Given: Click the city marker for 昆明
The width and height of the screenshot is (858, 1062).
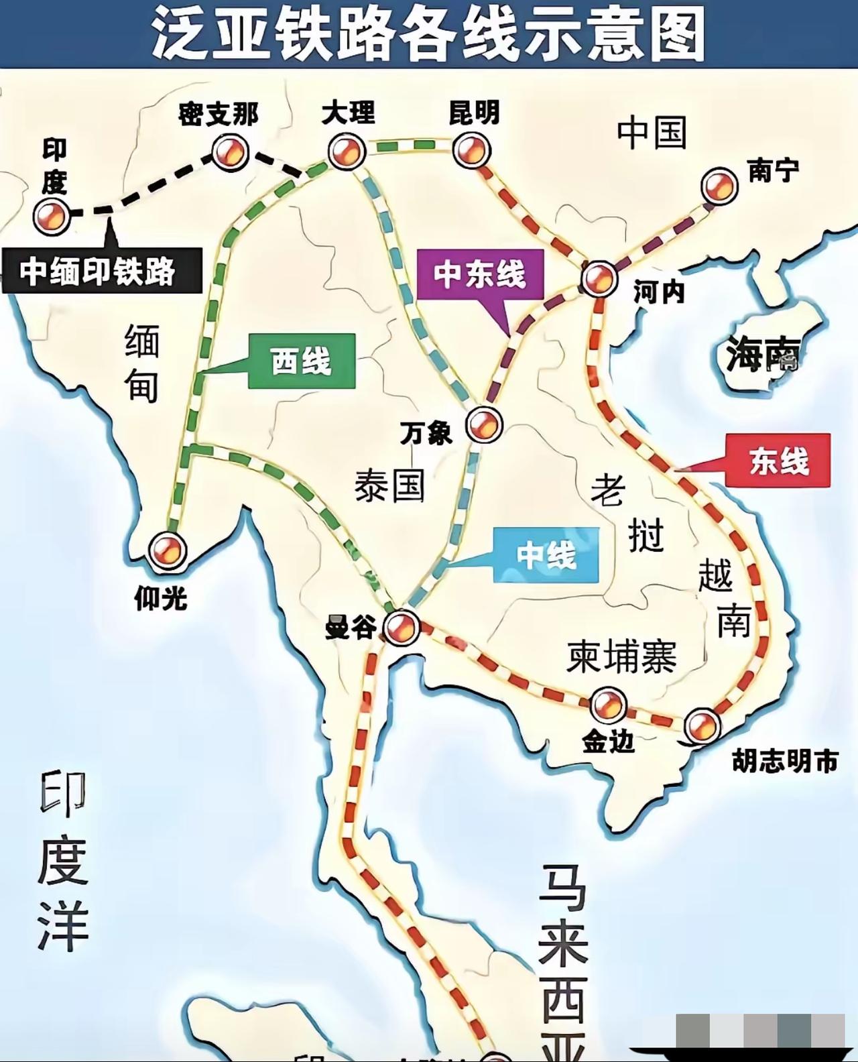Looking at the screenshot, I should click(x=471, y=150).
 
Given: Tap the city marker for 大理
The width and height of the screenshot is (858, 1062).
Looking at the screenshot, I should click(x=347, y=151).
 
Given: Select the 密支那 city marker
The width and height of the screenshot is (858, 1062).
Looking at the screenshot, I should click(x=230, y=152).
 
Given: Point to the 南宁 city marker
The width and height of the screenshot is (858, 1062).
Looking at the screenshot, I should click(x=719, y=186).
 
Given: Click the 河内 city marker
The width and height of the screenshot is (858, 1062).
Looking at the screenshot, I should click(x=599, y=278).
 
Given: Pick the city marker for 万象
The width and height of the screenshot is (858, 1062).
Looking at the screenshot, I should click(x=484, y=424).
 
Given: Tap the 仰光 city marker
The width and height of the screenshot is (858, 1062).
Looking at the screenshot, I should click(x=167, y=550).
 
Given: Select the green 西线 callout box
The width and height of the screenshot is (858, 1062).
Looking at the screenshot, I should click(x=301, y=362).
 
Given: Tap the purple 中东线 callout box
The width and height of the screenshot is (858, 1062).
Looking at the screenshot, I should click(x=479, y=274).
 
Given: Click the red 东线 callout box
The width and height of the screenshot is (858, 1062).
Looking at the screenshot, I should click(x=778, y=461).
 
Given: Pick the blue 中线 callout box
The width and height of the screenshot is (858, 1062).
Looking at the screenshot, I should click(x=546, y=555).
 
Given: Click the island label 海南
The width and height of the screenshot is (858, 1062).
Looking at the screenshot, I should click(x=763, y=353).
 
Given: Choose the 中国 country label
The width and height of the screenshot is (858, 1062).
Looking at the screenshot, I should click(x=652, y=132).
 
